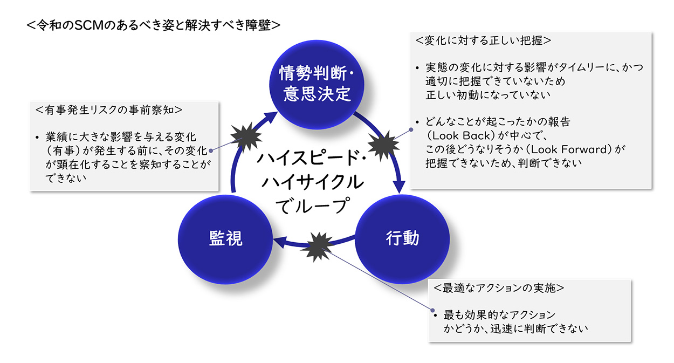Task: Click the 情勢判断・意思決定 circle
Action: pos(317,85)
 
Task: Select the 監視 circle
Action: pos(225,239)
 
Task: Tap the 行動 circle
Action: pos(402,239)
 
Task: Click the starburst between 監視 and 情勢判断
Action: pos(246,136)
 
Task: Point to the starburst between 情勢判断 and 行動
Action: pos(383,146)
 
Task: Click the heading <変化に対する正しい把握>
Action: pos(483,40)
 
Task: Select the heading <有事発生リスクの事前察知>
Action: pos(109,110)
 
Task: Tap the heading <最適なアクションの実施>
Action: pos(499,288)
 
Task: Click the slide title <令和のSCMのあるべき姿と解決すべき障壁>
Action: pos(154,25)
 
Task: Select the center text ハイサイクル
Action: pos(313,182)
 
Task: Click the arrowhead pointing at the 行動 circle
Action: pos(400,187)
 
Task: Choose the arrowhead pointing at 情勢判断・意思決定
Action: pos(270,118)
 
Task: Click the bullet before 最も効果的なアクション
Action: pos(435,316)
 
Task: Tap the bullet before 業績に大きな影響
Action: pos(37,138)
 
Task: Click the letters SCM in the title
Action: pos(89,25)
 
